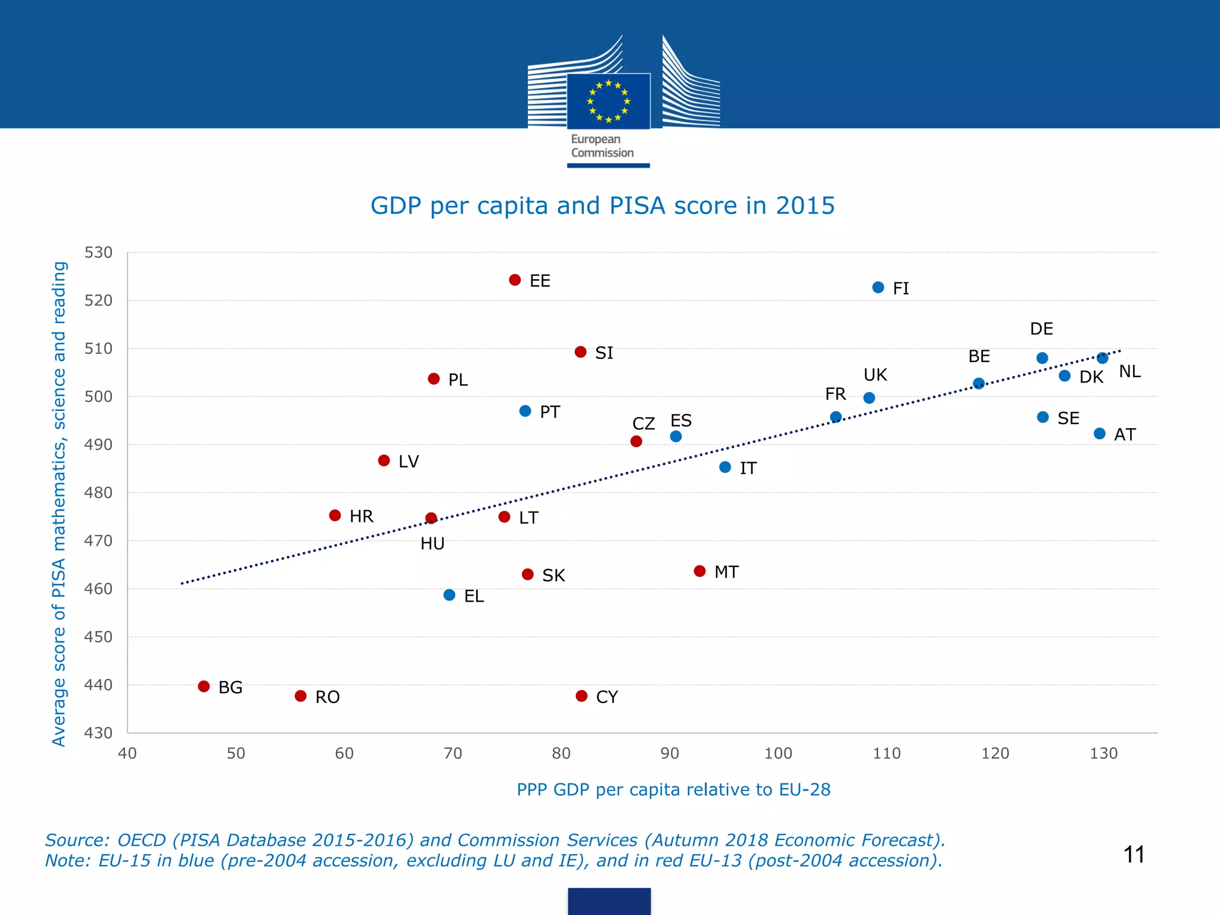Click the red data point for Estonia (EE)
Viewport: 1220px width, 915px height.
pos(515,280)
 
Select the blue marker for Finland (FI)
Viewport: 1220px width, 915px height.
pos(878,288)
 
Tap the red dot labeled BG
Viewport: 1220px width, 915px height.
pos(204,686)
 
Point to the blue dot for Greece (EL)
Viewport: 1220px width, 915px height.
pos(450,595)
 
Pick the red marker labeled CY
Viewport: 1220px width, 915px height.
pos(582,696)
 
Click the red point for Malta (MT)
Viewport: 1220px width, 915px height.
pos(700,571)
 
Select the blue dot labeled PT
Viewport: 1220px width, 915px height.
pos(525,411)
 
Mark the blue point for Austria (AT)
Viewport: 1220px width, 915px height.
pos(1100,434)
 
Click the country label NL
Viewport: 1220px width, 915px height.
pos(1129,372)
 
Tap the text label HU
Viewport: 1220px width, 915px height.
pos(432,543)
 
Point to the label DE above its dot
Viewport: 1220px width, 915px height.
pos(1041,329)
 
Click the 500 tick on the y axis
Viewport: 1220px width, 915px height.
pos(98,397)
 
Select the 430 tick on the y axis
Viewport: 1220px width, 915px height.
pos(98,733)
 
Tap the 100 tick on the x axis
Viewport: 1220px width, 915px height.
pos(778,754)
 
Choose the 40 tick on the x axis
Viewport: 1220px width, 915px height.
pos(127,754)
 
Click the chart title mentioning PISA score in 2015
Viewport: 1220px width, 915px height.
pos(602,206)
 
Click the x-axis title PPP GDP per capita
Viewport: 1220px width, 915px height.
pos(673,789)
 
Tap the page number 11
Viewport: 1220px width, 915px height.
pos(1134,855)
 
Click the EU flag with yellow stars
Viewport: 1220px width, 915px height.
pos(608,101)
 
